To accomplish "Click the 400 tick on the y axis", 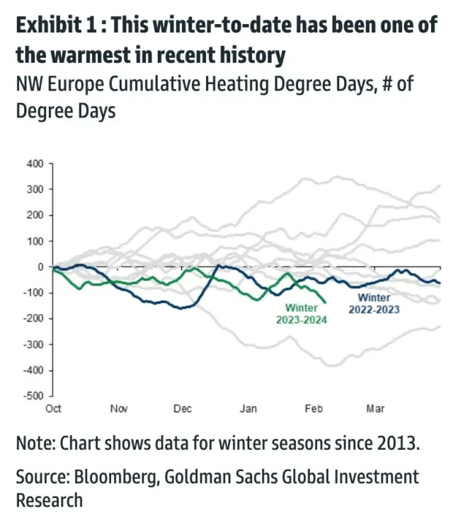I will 35,164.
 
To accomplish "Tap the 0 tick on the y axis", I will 40,267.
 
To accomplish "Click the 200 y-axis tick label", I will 35,216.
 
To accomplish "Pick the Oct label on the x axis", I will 54,409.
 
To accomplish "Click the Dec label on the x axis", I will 183,409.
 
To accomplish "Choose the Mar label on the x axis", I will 375,409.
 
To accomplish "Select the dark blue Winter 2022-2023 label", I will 374,303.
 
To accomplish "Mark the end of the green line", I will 326,302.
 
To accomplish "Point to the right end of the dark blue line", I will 440,283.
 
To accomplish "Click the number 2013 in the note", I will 398,444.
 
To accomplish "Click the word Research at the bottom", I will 49,500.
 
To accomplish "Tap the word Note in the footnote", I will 33,444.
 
